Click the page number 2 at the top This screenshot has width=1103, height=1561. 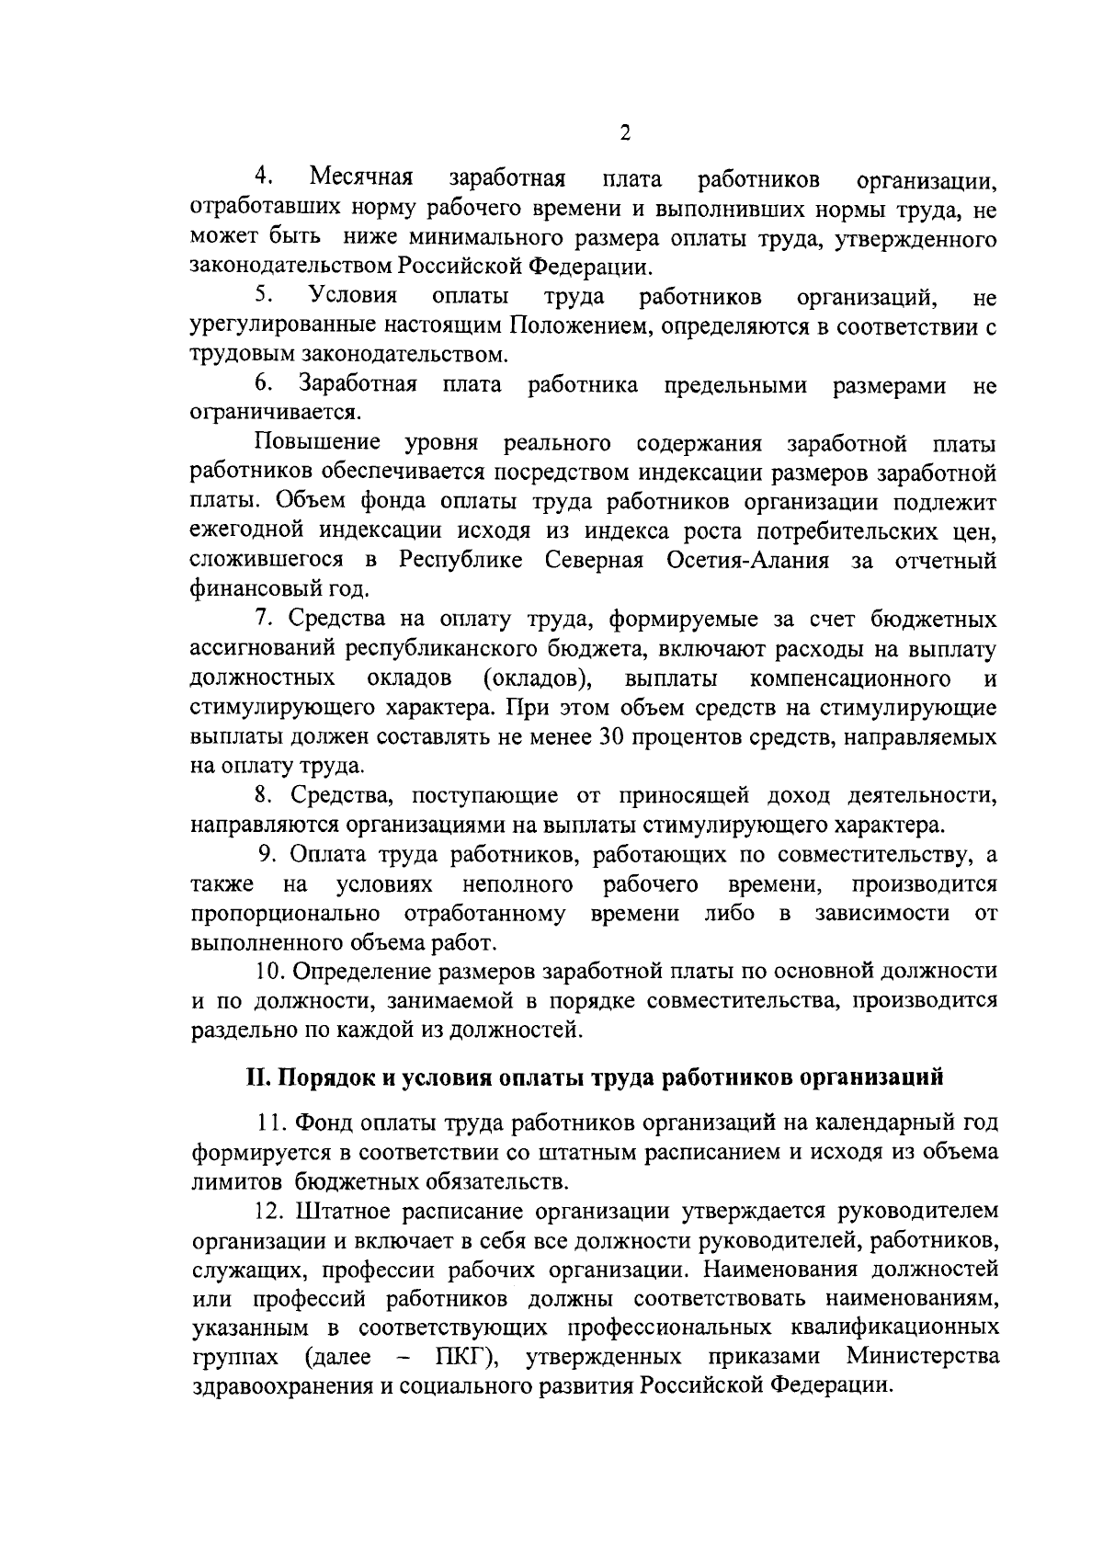(625, 132)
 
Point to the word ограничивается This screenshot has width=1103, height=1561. (275, 413)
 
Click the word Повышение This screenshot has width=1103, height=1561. (319, 443)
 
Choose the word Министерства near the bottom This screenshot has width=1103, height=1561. (924, 1357)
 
